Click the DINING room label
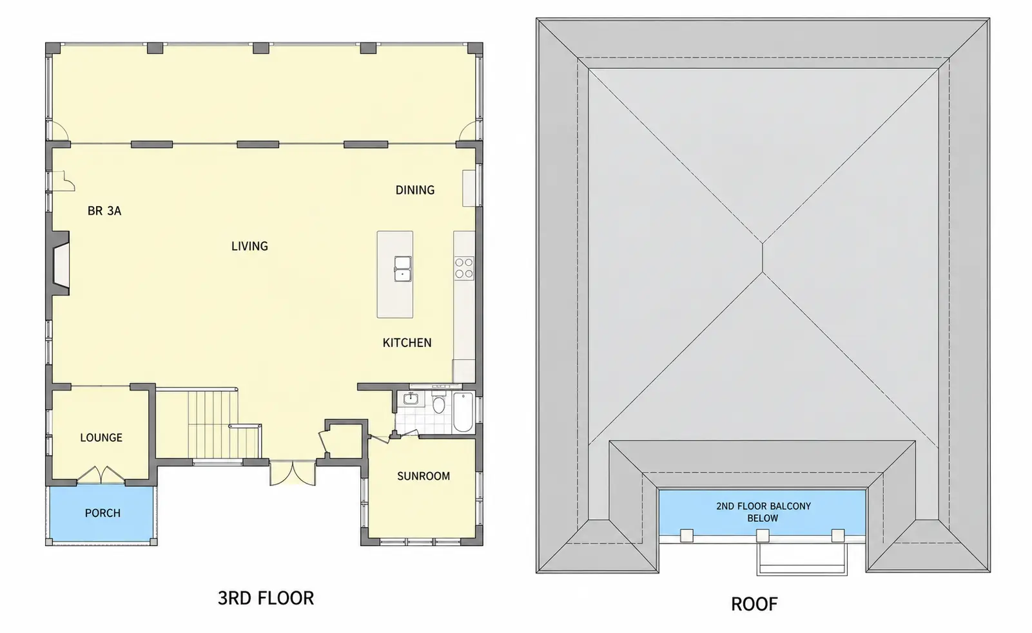(x=414, y=190)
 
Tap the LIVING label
(x=249, y=246)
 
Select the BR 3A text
(x=104, y=211)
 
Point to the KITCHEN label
(x=407, y=343)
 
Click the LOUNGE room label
(x=101, y=437)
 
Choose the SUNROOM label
(x=424, y=476)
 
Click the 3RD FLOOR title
(x=266, y=598)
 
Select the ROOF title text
(x=754, y=604)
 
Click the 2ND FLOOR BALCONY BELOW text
(x=763, y=512)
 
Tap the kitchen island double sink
(x=403, y=269)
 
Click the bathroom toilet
(x=438, y=403)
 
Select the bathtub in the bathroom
(x=463, y=413)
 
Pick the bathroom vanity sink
(x=410, y=398)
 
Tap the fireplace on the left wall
(x=60, y=263)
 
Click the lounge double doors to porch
(x=101, y=475)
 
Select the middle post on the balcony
(x=763, y=535)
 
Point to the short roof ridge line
(x=763, y=258)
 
